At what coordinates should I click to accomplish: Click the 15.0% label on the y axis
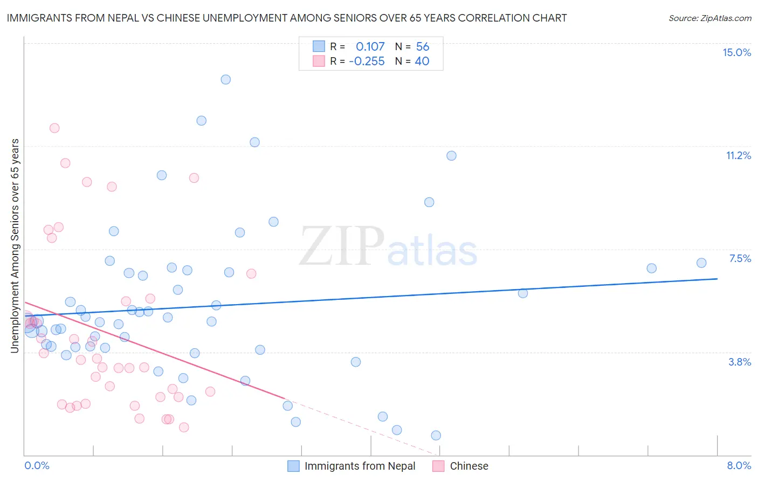[736, 52]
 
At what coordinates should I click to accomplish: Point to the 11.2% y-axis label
[738, 155]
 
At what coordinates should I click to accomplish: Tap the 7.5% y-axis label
[740, 258]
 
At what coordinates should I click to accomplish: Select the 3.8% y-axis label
[740, 362]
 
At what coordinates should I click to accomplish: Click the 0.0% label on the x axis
[37, 465]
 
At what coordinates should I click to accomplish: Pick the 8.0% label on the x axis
[739, 465]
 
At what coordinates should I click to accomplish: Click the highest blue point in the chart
[226, 79]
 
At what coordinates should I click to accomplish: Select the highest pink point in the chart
[54, 128]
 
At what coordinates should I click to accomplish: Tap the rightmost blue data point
[701, 263]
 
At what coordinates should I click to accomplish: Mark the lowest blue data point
[436, 435]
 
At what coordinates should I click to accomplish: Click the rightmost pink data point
[251, 273]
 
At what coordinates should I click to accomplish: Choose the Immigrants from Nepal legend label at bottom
[360, 466]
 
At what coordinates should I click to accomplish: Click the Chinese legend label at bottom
[469, 466]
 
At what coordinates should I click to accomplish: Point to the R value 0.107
[370, 46]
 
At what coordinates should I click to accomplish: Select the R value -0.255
[367, 61]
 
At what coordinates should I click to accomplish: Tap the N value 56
[423, 46]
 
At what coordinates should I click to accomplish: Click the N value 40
[422, 61]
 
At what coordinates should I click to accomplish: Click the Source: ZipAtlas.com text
[709, 18]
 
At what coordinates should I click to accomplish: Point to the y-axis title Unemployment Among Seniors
[15, 245]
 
